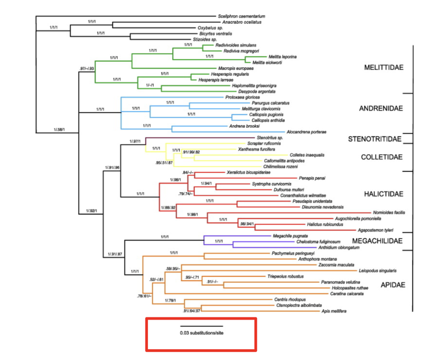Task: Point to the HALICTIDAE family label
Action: point(383,194)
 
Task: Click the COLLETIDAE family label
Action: point(382,157)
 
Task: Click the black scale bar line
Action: point(201,326)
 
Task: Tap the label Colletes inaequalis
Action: point(307,155)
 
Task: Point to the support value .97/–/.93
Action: point(87,68)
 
